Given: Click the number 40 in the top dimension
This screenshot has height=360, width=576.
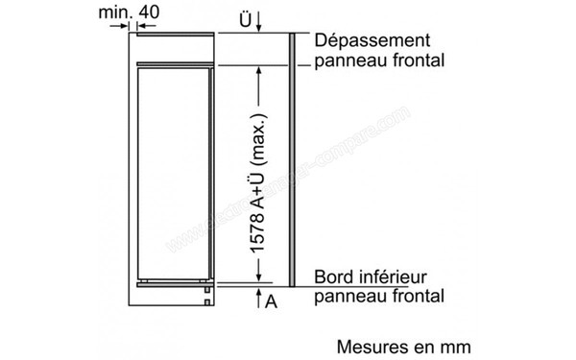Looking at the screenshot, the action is [152, 12].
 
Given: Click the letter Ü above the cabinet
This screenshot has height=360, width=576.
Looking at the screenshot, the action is [246, 19].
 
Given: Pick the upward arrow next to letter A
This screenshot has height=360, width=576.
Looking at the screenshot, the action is [257, 300].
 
